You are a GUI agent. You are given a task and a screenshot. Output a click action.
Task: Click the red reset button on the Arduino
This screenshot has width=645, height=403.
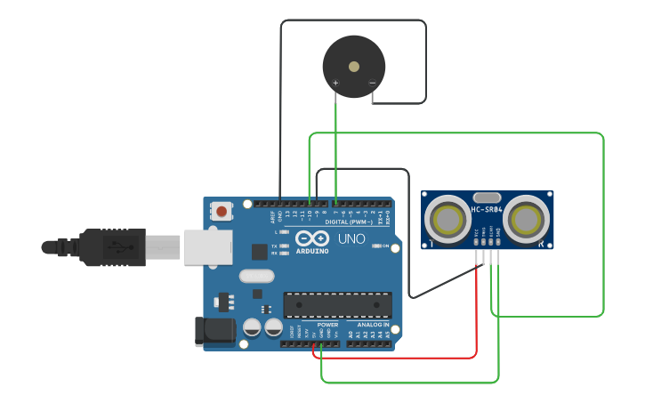(x=220, y=212)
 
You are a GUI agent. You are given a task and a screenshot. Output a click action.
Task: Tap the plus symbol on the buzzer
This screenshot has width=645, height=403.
(x=335, y=84)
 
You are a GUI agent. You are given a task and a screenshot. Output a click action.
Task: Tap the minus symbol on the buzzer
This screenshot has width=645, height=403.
(x=372, y=85)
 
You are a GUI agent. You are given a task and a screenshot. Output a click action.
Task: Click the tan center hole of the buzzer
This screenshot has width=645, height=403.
(x=354, y=66)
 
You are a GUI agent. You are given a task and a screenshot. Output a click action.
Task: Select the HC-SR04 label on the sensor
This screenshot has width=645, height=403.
(x=488, y=210)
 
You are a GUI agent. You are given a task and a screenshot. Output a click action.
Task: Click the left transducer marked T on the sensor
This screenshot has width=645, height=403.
(x=446, y=217)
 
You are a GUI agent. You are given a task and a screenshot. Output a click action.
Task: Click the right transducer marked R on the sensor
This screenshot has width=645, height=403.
(x=528, y=217)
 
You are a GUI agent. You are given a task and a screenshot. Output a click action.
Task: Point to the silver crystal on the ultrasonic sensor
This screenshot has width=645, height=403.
(x=487, y=197)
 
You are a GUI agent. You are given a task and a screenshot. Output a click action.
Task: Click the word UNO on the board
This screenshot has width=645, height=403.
(x=351, y=239)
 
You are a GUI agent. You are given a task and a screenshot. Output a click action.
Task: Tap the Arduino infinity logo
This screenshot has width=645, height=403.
(x=310, y=239)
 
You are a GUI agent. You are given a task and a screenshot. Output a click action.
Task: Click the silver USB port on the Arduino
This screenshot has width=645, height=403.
(x=207, y=246)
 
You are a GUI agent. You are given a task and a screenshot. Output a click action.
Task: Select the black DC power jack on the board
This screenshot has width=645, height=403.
(x=214, y=331)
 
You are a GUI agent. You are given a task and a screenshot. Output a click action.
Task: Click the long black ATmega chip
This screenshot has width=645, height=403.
(x=337, y=305)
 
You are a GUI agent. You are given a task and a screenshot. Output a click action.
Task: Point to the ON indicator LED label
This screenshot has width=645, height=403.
(x=385, y=246)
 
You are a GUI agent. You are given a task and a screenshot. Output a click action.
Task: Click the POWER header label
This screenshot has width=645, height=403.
(x=327, y=325)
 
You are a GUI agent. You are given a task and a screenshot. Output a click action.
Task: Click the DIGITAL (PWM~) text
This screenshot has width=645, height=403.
(x=361, y=222)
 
